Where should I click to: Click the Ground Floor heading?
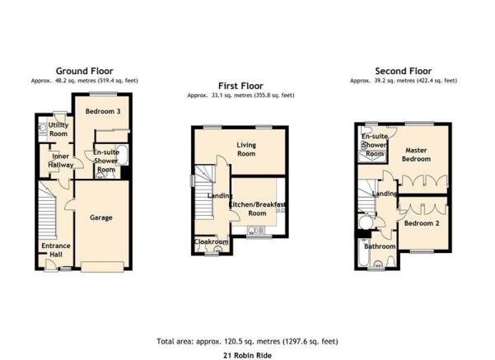[84, 71]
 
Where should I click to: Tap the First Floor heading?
[240, 86]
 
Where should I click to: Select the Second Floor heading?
[403, 71]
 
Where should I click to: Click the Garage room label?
[101, 217]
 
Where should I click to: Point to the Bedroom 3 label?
[103, 111]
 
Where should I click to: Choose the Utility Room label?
[58, 129]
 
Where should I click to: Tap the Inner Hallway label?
[61, 161]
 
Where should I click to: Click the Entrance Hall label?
[56, 250]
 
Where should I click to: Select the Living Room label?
[246, 149]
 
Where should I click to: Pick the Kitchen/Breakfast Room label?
[257, 208]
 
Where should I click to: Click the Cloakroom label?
[211, 242]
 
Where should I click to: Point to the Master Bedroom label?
[416, 155]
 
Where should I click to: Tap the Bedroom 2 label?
[422, 223]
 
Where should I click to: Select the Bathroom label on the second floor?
[380, 246]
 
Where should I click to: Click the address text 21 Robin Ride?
[247, 356]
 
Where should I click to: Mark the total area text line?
[247, 341]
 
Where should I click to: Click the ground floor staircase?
[47, 211]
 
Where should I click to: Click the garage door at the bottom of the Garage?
[102, 267]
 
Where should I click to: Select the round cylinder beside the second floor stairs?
[367, 222]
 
